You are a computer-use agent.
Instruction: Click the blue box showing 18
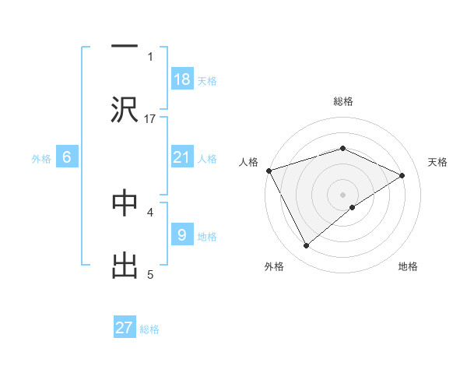181,79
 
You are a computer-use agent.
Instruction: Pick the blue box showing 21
181,157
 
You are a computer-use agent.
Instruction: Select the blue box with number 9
181,234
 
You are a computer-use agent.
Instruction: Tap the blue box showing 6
67,157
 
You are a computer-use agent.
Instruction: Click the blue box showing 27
124,328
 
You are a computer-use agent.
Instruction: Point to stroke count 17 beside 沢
151,118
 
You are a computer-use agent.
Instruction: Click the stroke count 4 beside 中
150,211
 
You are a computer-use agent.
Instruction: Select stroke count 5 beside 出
150,274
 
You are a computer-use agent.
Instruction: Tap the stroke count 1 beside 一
150,56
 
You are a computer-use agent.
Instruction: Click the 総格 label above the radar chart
342,101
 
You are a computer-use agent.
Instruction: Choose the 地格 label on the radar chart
408,266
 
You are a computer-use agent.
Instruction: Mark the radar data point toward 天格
402,175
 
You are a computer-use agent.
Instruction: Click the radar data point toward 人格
269,171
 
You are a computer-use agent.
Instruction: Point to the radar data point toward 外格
307,246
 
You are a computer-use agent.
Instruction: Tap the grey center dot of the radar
342,194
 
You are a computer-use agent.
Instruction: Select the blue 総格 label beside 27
149,329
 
